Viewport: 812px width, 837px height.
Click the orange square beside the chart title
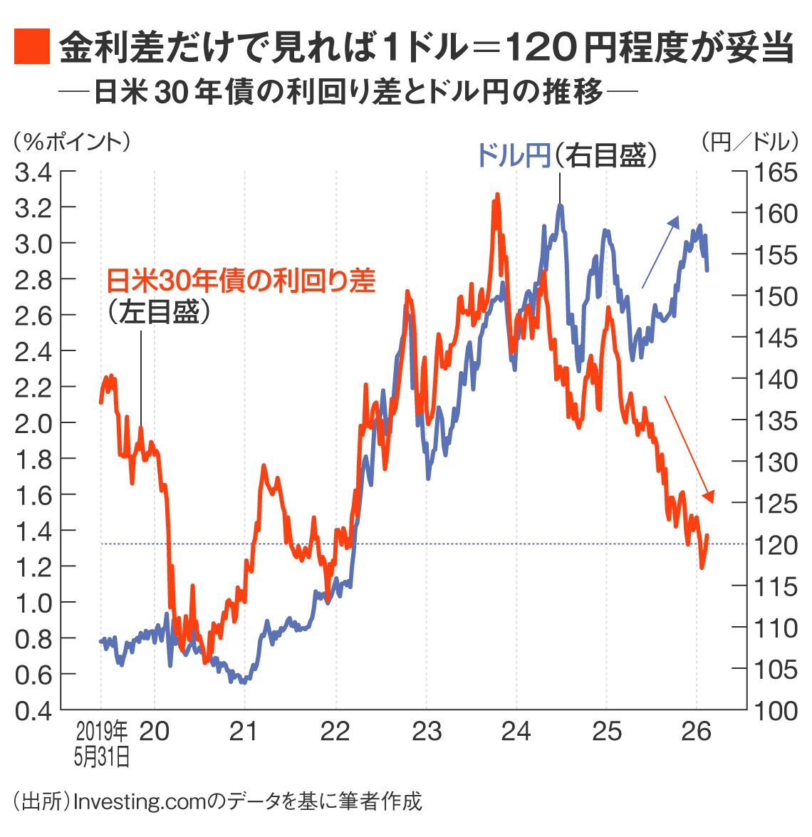click(31, 47)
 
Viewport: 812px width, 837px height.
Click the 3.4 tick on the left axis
click(33, 172)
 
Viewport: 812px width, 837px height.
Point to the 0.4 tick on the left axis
click(33, 711)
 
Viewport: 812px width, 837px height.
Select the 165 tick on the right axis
click(776, 172)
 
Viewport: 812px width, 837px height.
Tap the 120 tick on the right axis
click(776, 545)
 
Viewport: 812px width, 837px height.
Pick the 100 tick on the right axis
click(776, 711)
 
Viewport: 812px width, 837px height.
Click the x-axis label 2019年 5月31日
click(102, 744)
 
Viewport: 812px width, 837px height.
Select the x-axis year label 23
click(427, 732)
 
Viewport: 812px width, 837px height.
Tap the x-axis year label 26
click(696, 732)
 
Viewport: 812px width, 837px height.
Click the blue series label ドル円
click(513, 155)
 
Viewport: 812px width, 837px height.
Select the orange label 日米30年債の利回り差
click(241, 281)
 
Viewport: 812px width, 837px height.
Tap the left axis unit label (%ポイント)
click(71, 142)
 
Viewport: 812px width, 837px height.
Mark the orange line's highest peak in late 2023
click(496, 194)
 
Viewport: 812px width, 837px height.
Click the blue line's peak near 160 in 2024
click(561, 206)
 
